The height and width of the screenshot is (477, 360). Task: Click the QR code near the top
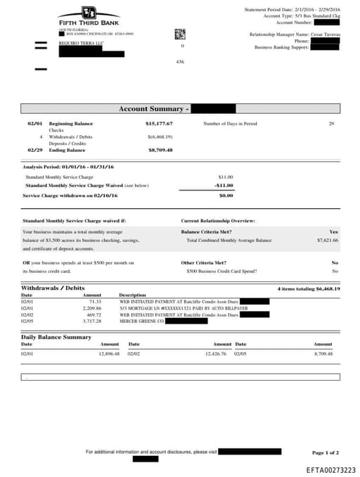tap(180, 33)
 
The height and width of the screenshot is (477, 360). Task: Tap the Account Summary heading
tap(153, 109)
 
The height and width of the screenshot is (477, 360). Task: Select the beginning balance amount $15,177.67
tap(159, 124)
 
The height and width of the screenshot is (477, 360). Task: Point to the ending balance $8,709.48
tap(160, 150)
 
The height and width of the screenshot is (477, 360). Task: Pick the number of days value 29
tap(331, 124)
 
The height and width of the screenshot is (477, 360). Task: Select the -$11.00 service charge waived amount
tap(224, 185)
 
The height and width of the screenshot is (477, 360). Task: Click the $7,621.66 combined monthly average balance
tap(327, 240)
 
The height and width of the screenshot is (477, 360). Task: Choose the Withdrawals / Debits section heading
tap(53, 288)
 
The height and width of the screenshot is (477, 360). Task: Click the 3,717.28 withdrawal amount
tap(92, 321)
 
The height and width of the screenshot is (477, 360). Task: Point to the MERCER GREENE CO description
tap(141, 321)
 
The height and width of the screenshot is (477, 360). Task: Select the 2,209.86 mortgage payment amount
tap(92, 308)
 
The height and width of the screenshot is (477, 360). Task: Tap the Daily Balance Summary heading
tap(56, 337)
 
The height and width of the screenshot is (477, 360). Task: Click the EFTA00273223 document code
tap(330, 469)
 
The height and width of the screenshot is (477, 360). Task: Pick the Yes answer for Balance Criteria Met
tap(334, 231)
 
